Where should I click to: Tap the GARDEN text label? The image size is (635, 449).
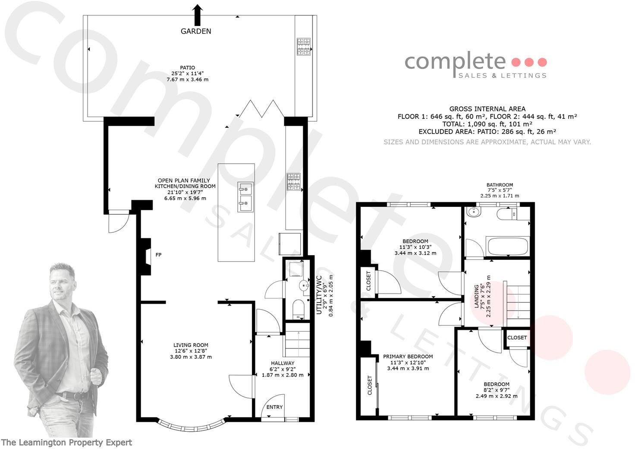pos(196,31)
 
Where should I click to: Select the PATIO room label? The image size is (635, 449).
pos(187,68)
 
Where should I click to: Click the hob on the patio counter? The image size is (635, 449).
pos(304,47)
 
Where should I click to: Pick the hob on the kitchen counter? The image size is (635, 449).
pos(294,182)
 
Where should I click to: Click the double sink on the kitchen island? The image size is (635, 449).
pos(245,197)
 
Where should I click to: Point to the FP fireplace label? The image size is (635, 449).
pos(158,255)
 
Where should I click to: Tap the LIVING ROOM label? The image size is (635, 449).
pos(191,345)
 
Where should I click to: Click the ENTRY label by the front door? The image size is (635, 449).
pos(274,407)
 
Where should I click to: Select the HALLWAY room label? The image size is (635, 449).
pos(283,363)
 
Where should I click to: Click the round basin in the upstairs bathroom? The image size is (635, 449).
pos(474,212)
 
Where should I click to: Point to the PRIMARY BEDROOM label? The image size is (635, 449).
pos(408,357)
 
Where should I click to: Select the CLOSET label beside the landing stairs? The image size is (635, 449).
pos(517,338)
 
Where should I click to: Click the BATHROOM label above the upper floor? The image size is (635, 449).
pos(500,185)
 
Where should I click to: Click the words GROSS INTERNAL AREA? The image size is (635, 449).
pos(487,109)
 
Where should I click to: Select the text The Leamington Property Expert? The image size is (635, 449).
pos(67,443)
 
